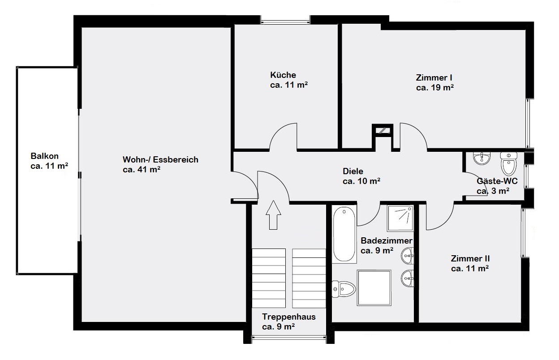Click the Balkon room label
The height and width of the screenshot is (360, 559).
pos(44,156)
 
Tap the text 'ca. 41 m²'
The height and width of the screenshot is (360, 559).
pos(142,169)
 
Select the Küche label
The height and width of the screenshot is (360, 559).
pos(283,75)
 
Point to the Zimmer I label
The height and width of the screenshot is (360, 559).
pos(434,77)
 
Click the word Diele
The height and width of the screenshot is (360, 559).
pos(353,171)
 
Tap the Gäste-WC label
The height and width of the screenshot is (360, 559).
pos(497,181)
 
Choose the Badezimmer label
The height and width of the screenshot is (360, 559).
pos(386,240)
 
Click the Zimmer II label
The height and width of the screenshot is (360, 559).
pos(470,258)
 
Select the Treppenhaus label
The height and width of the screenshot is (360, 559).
pos(289,317)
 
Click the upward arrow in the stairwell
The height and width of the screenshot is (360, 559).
pos(273,215)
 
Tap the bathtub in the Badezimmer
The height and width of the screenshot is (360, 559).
pos(344,234)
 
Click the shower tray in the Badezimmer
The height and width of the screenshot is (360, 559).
pos(400,218)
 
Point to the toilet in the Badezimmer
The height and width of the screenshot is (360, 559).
pos(344,289)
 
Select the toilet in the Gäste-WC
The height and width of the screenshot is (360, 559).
pos(508,164)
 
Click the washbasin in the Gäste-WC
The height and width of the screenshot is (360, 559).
pos(482,159)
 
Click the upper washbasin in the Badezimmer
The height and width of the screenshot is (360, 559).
pos(407,256)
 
